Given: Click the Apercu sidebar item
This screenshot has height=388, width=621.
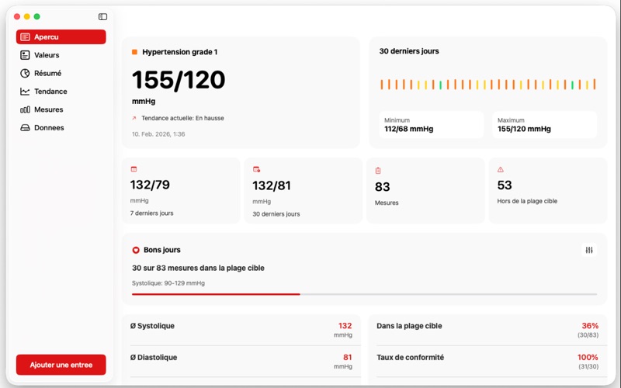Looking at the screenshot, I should click(x=61, y=36).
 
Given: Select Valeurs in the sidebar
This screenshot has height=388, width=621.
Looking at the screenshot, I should click(x=47, y=55).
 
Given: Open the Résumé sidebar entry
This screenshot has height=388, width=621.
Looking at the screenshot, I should click(x=47, y=73).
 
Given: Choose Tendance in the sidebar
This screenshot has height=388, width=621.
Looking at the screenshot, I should click(x=50, y=92).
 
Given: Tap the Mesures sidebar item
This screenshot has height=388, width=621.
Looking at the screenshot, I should click(x=49, y=109).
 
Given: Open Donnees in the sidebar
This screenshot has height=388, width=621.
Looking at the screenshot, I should click(x=49, y=127).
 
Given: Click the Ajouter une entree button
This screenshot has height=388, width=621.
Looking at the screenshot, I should click(x=61, y=365).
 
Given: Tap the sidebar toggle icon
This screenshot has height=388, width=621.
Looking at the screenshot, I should click(x=103, y=16).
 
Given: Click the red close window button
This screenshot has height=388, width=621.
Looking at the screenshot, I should click(x=17, y=16).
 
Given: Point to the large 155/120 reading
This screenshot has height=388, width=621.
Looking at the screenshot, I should click(x=179, y=80).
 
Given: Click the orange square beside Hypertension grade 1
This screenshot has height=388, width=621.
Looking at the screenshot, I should click(x=134, y=52).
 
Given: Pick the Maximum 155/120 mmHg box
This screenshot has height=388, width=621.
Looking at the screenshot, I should click(x=544, y=125).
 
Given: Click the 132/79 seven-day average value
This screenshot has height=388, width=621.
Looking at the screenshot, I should click(x=150, y=185).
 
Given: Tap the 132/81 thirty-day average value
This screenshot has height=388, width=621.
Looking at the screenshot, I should click(x=272, y=185).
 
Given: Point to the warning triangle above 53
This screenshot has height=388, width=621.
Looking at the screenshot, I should click(x=501, y=169).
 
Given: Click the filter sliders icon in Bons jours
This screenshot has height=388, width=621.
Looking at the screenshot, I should click(x=589, y=250).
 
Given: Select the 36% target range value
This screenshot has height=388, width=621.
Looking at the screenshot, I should click(x=589, y=326).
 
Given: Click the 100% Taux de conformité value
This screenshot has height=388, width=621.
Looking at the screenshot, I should click(x=588, y=358).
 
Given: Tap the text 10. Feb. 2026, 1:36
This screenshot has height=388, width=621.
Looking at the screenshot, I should click(x=158, y=134).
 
